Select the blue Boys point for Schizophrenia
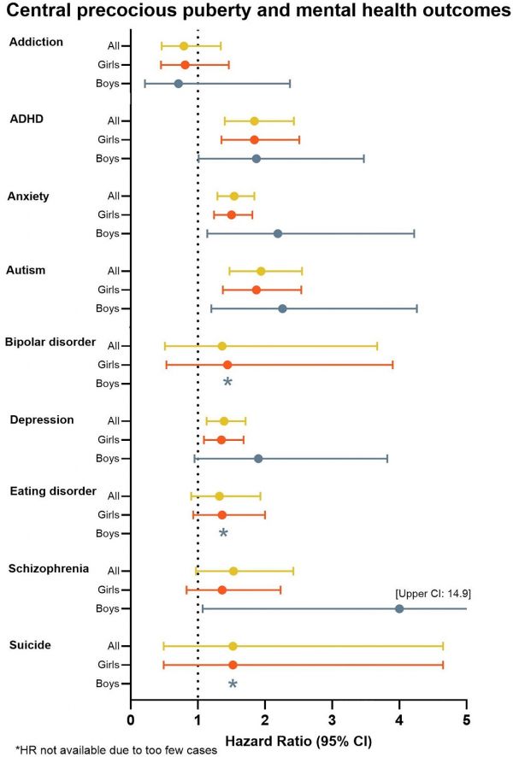coord(399,608)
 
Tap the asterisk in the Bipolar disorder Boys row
coord(227,383)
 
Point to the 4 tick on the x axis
coord(399,719)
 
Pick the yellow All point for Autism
coord(261,271)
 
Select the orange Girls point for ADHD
coord(254,139)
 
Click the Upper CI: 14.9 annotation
coord(433,592)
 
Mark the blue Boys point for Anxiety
coord(277,233)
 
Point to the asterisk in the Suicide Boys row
coord(233,684)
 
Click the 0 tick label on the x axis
coord(130,719)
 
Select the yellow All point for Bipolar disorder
coord(221,346)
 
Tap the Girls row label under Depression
coord(108,440)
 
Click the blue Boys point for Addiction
coord(178,84)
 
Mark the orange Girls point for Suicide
coord(233,665)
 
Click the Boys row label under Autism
coord(108,308)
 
